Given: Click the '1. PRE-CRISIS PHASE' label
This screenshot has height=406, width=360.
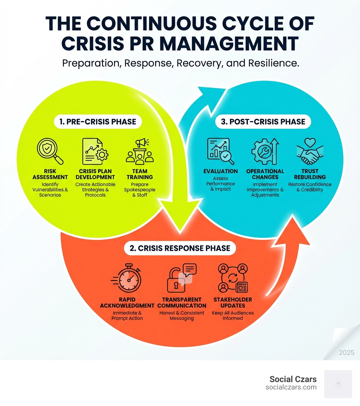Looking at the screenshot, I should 95,122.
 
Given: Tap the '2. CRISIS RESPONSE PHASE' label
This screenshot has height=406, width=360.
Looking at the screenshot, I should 180,248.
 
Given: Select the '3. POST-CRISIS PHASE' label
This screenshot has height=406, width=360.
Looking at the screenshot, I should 263,122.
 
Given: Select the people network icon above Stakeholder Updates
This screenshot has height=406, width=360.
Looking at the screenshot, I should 232,278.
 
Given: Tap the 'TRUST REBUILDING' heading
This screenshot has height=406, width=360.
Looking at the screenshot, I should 310,174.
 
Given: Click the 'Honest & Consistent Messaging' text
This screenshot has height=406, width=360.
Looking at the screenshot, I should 181,315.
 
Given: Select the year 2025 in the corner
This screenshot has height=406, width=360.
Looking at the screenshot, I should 346,353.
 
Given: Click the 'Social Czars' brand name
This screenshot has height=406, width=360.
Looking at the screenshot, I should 293,379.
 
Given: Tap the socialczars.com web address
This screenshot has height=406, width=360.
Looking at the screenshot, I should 291,387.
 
